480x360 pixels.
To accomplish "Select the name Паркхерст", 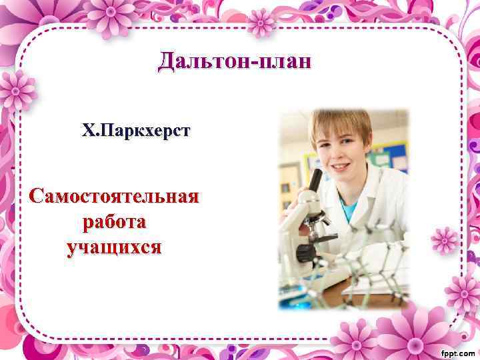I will (145, 130).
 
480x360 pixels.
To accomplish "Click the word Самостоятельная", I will (114, 198).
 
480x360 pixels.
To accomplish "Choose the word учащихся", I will (114, 247).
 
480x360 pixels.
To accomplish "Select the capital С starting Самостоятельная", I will (38, 198).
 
